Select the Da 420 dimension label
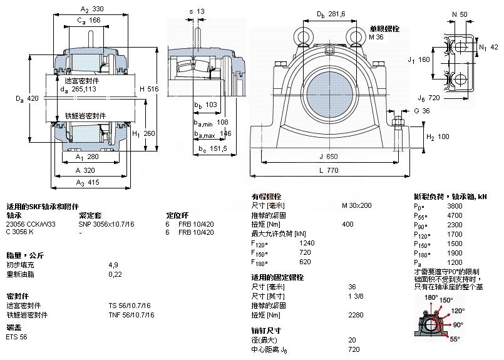[29, 98]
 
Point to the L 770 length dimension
[333, 171]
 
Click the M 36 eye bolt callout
[376, 38]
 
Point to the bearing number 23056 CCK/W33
[31, 224]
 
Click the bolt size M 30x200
[356, 205]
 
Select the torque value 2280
[355, 315]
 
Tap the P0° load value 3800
[455, 205]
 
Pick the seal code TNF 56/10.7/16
[131, 314]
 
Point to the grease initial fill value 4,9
[114, 265]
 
